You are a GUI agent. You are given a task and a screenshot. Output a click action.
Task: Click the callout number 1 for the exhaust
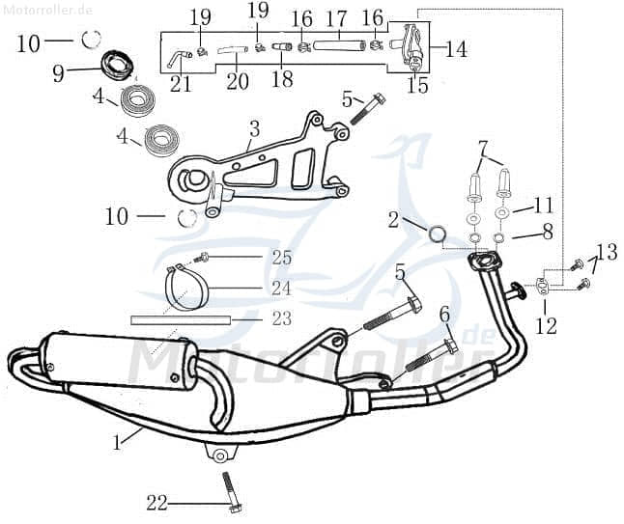(117, 442)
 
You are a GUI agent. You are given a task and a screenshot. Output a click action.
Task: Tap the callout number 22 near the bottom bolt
(156, 502)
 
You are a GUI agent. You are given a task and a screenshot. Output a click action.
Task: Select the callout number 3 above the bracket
(254, 128)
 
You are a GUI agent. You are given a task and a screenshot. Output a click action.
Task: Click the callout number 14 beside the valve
(456, 49)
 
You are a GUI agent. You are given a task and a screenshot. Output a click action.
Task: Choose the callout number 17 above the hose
(336, 18)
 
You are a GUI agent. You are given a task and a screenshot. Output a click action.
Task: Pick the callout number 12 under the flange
(546, 325)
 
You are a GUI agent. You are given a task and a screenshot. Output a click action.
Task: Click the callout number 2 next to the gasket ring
(393, 220)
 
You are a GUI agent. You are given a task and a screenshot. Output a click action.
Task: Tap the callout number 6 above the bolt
(444, 314)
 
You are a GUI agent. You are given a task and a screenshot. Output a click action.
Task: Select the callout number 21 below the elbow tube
(181, 83)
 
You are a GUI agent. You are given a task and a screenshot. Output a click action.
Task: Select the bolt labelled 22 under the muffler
(229, 491)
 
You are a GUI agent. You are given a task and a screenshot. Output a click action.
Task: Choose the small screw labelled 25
(204, 258)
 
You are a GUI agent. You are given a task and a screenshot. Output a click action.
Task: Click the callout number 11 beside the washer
(544, 205)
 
